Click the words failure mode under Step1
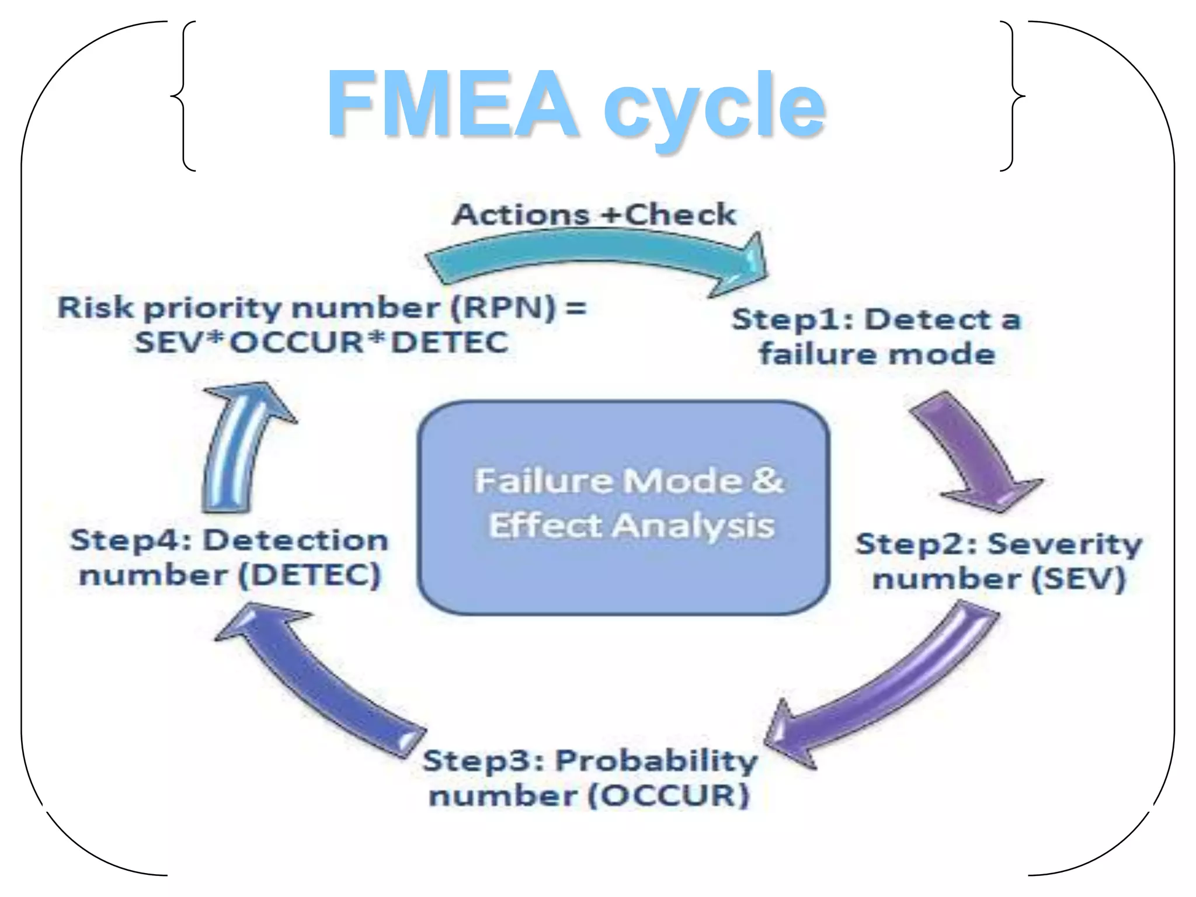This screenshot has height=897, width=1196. coord(877,354)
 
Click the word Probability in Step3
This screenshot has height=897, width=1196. coord(656,760)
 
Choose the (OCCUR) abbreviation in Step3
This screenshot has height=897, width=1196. coord(668,795)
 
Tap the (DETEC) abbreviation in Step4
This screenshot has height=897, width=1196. coord(310,575)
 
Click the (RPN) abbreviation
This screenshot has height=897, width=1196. coord(503,307)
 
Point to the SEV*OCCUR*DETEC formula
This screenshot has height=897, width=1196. coord(321,342)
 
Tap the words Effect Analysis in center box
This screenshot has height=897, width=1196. coord(631,525)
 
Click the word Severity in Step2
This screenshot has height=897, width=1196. coord(1065,544)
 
